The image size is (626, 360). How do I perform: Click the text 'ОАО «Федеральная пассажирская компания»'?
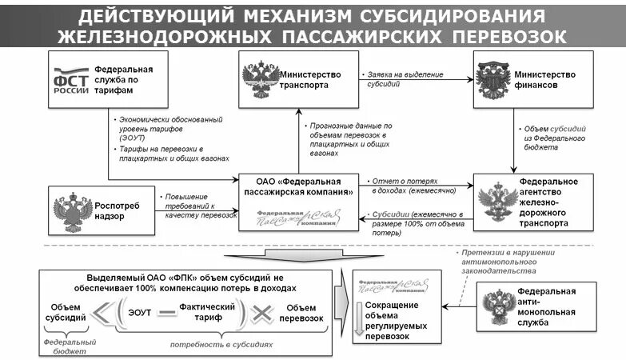pos(298,186)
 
